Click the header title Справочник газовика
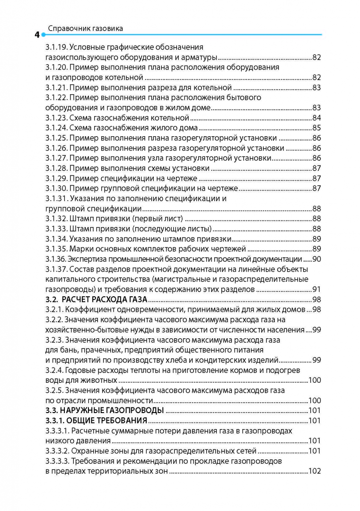click(x=86, y=28)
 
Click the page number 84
click(x=316, y=117)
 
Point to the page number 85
click(x=316, y=128)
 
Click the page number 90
click(x=316, y=259)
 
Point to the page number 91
click(x=316, y=289)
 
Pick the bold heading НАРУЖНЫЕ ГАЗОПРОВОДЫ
click(x=113, y=410)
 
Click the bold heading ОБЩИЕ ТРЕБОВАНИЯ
click(x=106, y=421)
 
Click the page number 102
click(x=315, y=471)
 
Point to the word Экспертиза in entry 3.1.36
click(x=88, y=259)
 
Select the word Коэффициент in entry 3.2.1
click(x=88, y=309)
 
